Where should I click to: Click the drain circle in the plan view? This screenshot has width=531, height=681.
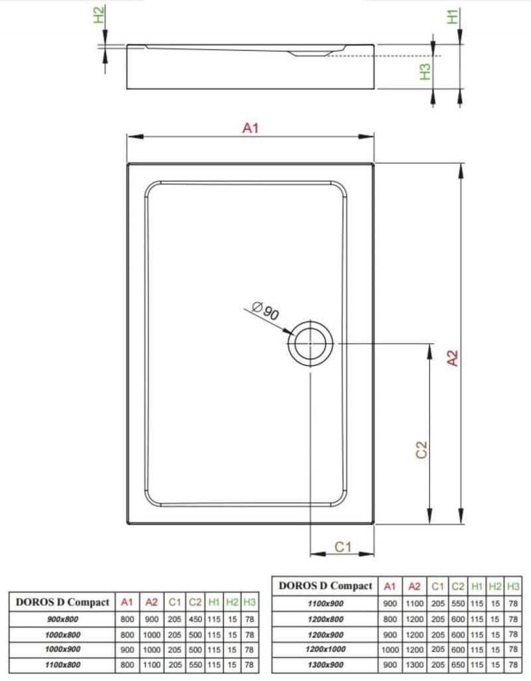(x=310, y=326)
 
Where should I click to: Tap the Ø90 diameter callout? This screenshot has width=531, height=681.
(x=265, y=310)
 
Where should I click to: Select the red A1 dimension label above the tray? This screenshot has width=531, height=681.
(x=250, y=128)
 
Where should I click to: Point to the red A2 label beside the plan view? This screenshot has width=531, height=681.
(x=453, y=358)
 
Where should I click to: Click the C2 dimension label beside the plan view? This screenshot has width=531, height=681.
(x=421, y=450)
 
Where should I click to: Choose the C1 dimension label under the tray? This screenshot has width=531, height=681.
(x=342, y=546)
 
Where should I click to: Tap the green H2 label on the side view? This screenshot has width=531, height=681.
(x=100, y=15)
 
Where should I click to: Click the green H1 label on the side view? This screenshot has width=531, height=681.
(x=453, y=17)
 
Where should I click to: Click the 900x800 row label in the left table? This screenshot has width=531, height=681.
(x=62, y=619)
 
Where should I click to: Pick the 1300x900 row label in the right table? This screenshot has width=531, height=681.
(x=325, y=664)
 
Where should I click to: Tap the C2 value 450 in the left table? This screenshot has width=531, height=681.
(x=195, y=619)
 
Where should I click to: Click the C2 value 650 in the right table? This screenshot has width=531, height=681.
(x=458, y=664)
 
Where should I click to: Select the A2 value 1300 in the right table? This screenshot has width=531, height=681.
(x=414, y=664)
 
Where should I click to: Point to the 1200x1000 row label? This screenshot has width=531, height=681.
(x=325, y=649)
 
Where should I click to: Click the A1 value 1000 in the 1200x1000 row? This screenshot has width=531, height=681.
(x=390, y=649)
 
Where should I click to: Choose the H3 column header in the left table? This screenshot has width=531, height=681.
(x=250, y=602)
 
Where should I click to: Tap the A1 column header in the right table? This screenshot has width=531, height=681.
(x=390, y=586)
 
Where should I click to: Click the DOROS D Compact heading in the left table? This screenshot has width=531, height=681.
(x=62, y=602)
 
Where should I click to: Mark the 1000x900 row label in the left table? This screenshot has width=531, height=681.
(x=62, y=649)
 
